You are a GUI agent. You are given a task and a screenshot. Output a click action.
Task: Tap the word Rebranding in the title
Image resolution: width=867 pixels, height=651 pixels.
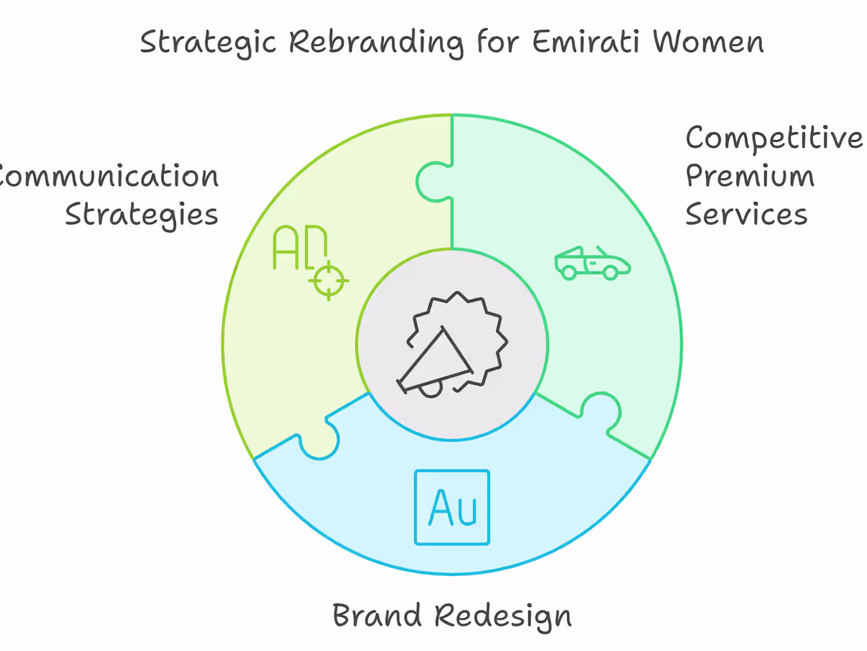tap(376, 42)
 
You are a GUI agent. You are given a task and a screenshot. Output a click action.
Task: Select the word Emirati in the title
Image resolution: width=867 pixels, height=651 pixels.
tap(586, 42)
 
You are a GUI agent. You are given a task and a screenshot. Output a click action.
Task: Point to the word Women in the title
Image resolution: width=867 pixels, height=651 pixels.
tap(708, 42)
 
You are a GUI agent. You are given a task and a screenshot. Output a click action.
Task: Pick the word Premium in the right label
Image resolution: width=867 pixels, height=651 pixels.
tap(750, 176)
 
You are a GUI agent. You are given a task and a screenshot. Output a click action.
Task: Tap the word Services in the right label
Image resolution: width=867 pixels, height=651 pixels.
tap(746, 214)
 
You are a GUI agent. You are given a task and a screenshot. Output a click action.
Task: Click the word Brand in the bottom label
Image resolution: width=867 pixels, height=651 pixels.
tap(377, 615)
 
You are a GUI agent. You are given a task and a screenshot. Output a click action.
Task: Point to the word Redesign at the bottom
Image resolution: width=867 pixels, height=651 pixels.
tap(503, 616)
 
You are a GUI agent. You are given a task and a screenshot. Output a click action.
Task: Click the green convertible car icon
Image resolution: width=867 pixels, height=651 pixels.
tap(592, 263)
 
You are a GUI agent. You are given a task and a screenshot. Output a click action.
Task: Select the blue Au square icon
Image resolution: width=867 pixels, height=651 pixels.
tap(452, 507)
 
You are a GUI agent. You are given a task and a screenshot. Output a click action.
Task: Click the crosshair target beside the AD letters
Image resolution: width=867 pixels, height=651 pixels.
tap(328, 281)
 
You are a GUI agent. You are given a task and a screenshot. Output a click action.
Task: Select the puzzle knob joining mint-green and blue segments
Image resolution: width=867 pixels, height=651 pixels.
tap(602, 410)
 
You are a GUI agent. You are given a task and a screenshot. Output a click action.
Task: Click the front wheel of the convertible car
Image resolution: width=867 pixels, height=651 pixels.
tap(610, 272)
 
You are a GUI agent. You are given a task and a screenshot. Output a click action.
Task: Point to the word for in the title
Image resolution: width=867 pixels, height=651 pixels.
tap(498, 42)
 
